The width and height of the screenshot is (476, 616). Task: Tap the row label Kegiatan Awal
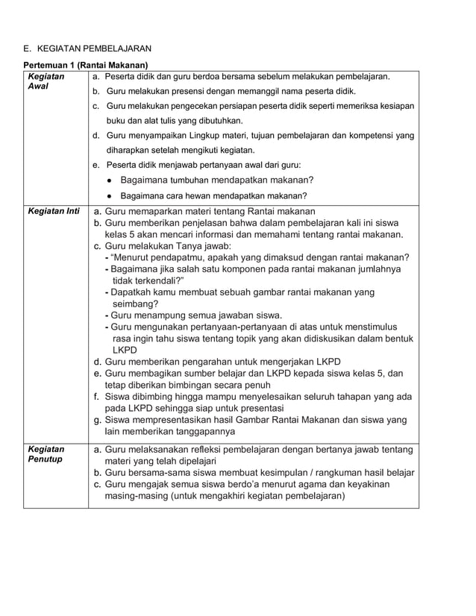click(x=46, y=81)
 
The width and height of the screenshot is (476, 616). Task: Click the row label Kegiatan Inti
click(x=53, y=211)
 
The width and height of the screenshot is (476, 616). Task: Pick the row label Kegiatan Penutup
click(x=46, y=454)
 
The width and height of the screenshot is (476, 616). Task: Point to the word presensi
click(x=181, y=91)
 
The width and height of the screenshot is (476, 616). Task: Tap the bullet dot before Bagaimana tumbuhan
click(x=110, y=180)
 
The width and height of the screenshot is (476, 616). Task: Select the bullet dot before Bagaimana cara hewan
click(x=110, y=196)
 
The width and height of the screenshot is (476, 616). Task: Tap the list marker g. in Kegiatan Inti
click(x=97, y=420)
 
